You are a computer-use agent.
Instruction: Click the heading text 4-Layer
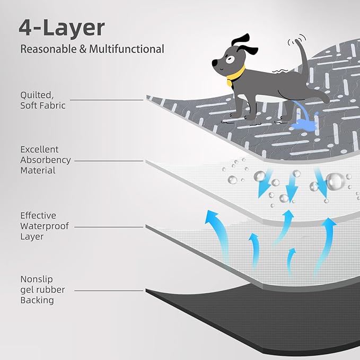(x=62, y=28)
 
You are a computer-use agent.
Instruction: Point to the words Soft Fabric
(x=43, y=105)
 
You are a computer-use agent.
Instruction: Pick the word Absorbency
(x=45, y=160)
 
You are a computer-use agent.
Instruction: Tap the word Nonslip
(x=37, y=279)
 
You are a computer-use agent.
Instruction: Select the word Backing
(x=37, y=300)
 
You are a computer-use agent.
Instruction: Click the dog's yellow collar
(x=235, y=75)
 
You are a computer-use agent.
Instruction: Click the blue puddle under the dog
(x=303, y=125)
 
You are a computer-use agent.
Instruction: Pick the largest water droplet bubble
(x=335, y=181)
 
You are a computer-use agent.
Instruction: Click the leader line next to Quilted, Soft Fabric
(x=106, y=100)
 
